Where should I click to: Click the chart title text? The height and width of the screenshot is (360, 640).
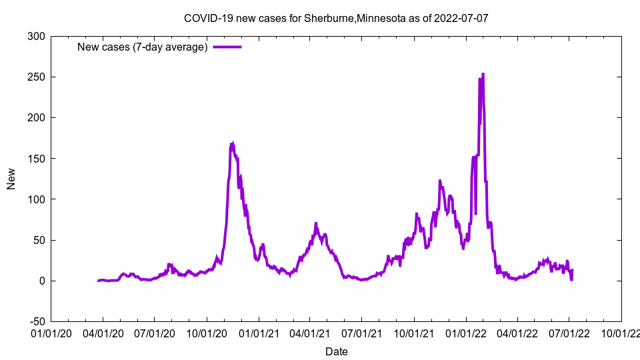coord(336,18)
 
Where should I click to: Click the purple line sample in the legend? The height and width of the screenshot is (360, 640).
coord(227,47)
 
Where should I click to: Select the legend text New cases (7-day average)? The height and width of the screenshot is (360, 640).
coord(143,47)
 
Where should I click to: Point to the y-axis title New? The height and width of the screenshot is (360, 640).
coord(11,179)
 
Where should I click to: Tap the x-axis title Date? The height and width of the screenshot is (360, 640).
coord(336,351)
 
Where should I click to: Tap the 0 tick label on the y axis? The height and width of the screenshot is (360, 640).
coord(42,281)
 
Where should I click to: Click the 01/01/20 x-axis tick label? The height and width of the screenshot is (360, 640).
coord(51,333)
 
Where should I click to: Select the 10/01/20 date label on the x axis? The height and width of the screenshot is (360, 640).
coord(207,333)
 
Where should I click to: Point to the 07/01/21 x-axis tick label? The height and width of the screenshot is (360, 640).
coord(362,333)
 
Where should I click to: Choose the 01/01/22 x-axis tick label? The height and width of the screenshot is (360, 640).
coord(466,333)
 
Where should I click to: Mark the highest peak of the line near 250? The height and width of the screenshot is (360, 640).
coord(483,74)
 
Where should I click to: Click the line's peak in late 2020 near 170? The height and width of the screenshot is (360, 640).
coord(232,143)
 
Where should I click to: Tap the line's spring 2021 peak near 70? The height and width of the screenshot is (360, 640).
coord(316,223)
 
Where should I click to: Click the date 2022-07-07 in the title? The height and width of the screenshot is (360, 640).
coord(461,18)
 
